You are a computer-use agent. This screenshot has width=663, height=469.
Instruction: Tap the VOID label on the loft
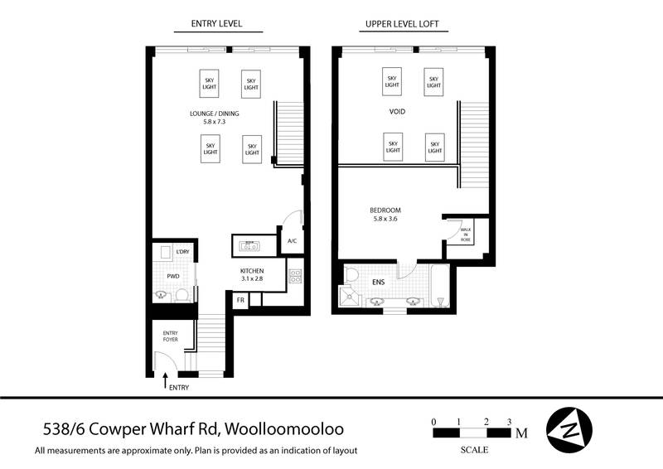pos(397,110)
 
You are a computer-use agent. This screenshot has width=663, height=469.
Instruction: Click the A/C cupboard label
pos(292,242)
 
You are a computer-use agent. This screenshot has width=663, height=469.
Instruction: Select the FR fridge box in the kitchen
pos(240,300)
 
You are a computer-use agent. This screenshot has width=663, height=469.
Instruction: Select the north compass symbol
pos(569,428)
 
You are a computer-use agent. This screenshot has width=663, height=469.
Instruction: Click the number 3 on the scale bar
pos(510,422)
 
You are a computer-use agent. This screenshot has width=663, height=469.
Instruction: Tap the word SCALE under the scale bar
pos(474,450)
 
